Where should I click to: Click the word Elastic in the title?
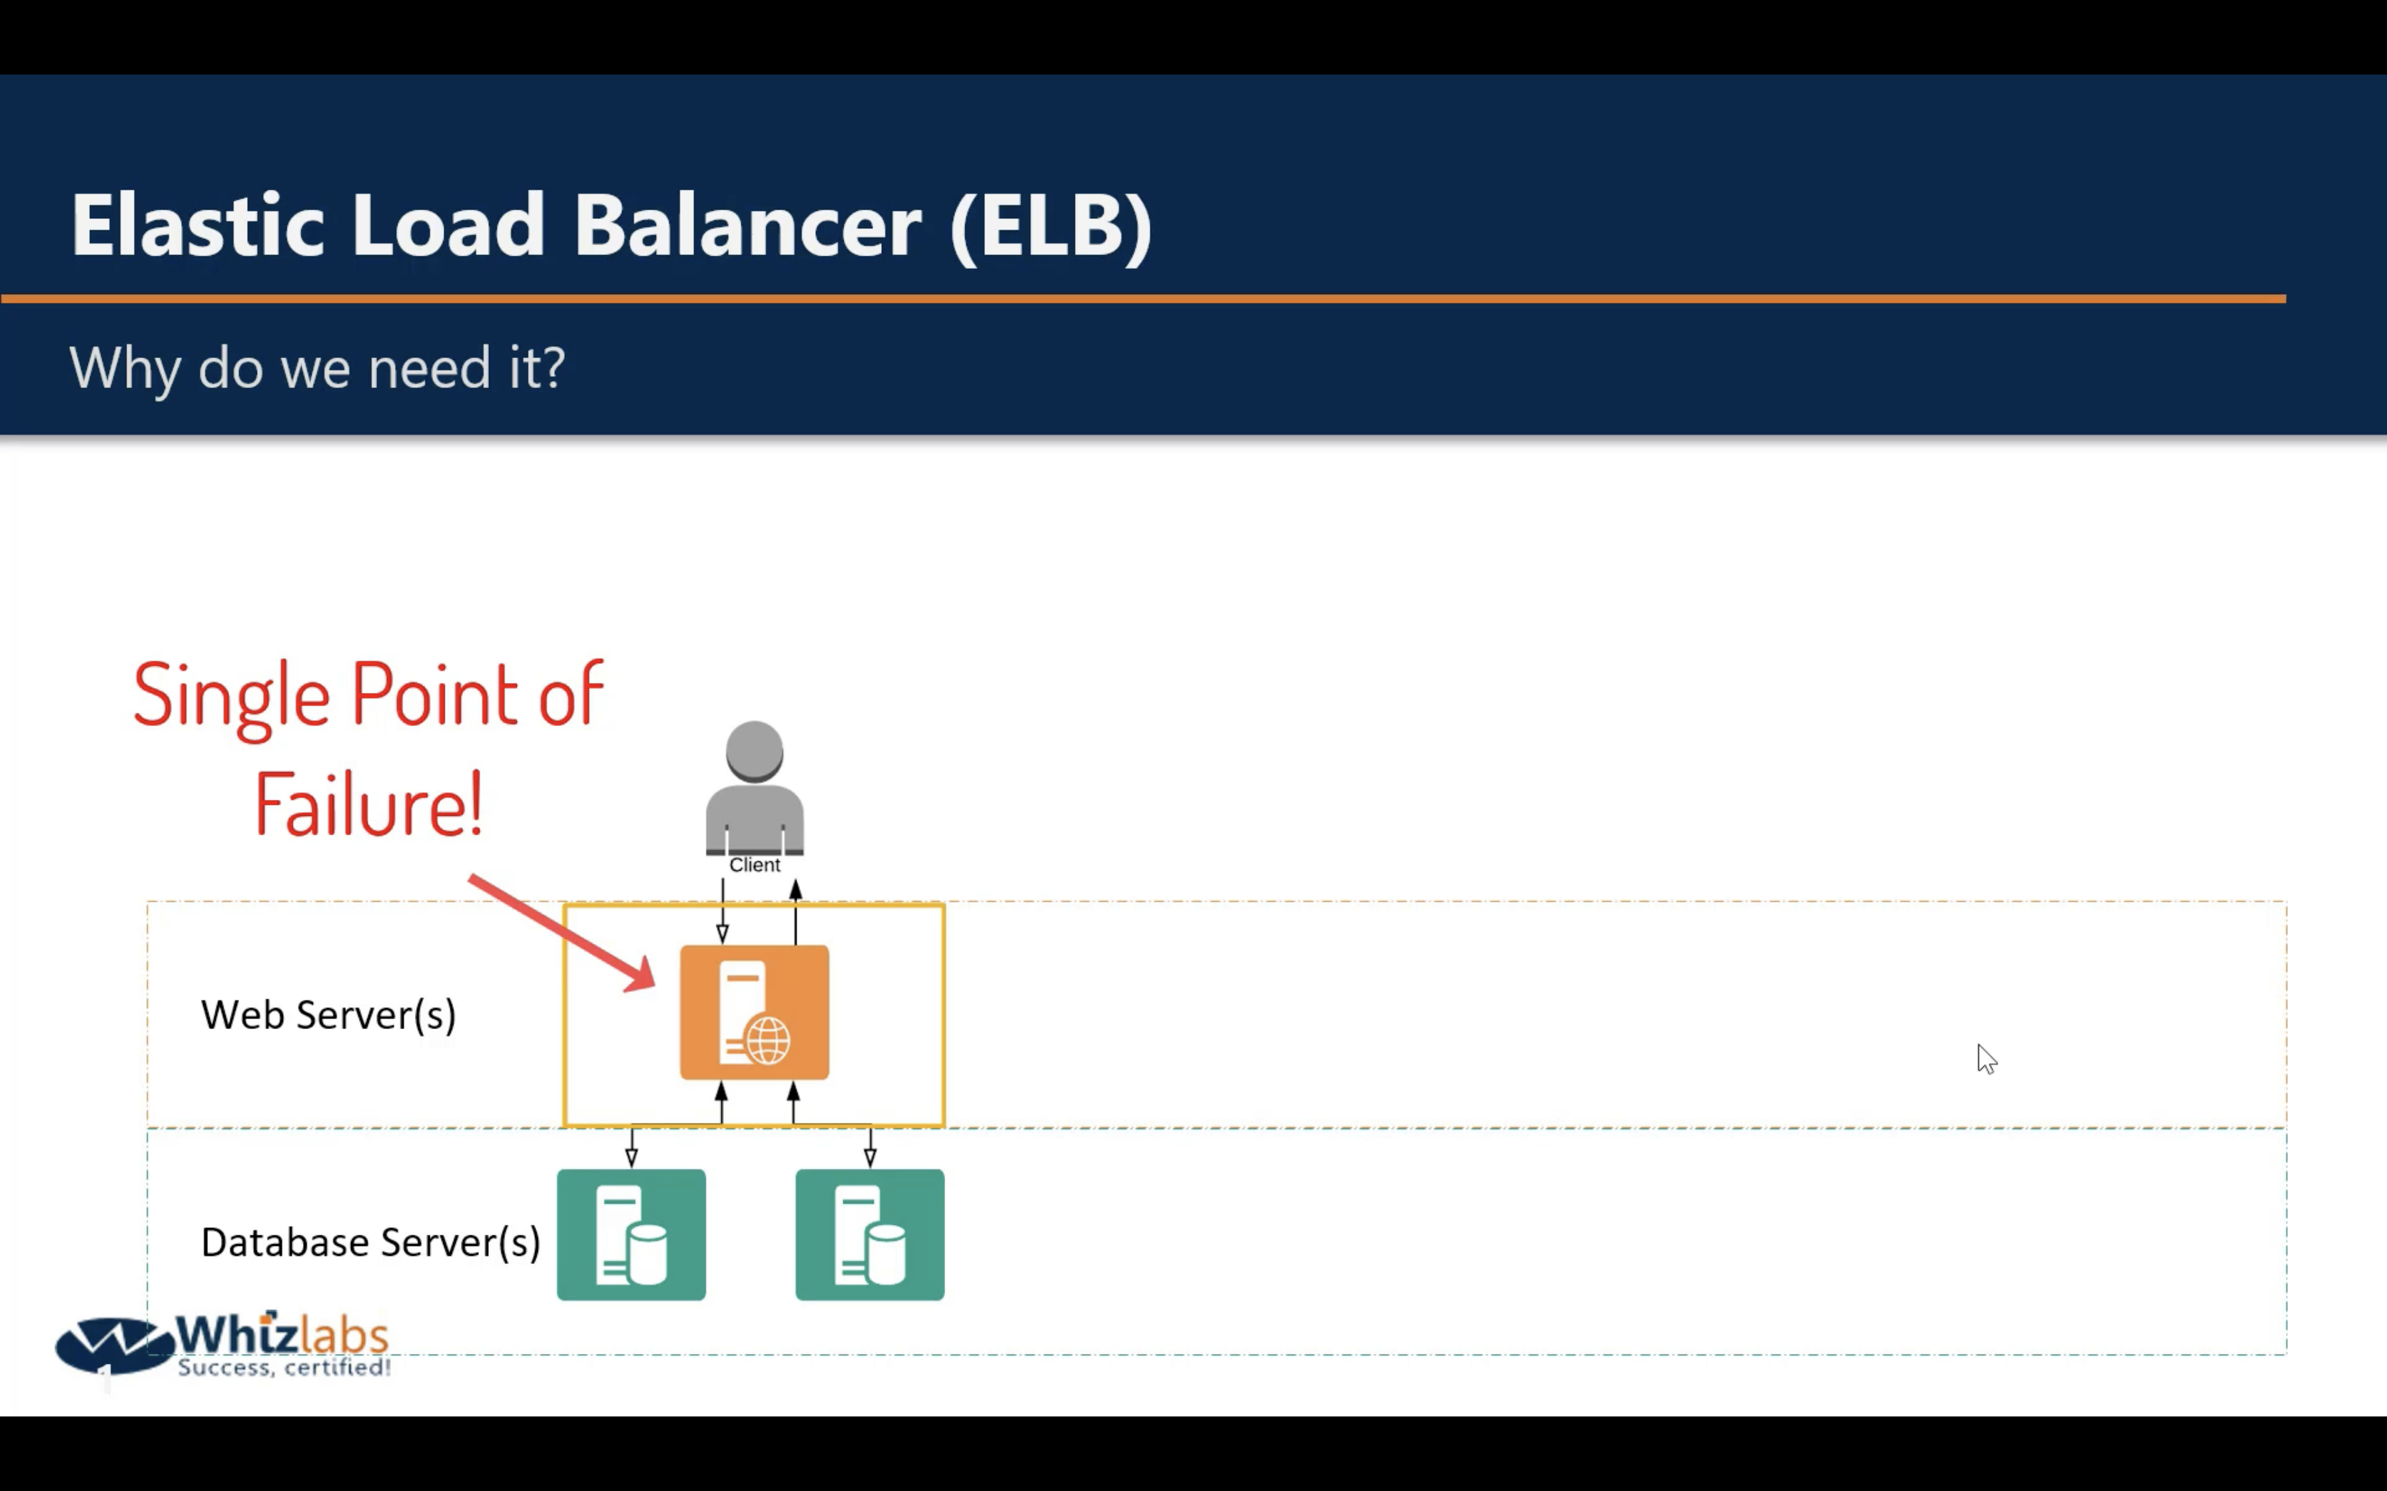coord(197,225)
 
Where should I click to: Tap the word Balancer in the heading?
coord(748,225)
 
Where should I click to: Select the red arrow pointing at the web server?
coord(561,932)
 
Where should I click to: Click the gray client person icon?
coord(755,788)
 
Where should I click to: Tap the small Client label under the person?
coord(755,865)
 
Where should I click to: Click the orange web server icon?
coord(755,1012)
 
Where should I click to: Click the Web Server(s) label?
coord(328,1014)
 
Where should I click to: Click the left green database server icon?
coord(631,1235)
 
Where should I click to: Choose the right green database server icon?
coord(870,1235)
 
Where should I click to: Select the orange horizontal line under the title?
coord(1143,298)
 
